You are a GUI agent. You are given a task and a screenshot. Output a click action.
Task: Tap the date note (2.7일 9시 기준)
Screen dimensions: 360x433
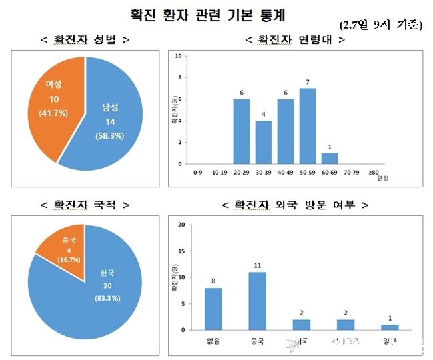click(x=380, y=26)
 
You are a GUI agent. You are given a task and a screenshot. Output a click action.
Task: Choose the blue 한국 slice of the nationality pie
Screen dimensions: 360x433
click(x=100, y=293)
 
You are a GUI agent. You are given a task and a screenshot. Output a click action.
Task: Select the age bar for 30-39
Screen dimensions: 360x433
click(x=263, y=141)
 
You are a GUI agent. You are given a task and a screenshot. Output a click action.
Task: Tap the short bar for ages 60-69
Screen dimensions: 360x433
click(x=329, y=158)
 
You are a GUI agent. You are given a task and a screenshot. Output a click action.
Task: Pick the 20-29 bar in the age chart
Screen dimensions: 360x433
click(x=241, y=131)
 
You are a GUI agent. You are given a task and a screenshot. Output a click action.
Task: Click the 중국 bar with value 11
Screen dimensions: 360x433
click(x=257, y=301)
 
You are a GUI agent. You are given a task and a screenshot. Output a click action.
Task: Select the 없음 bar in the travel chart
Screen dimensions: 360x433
click(x=213, y=309)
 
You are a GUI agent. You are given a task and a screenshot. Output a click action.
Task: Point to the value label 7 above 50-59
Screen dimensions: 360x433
click(x=307, y=82)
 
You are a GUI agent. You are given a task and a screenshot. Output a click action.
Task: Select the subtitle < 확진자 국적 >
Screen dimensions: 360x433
click(x=84, y=205)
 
